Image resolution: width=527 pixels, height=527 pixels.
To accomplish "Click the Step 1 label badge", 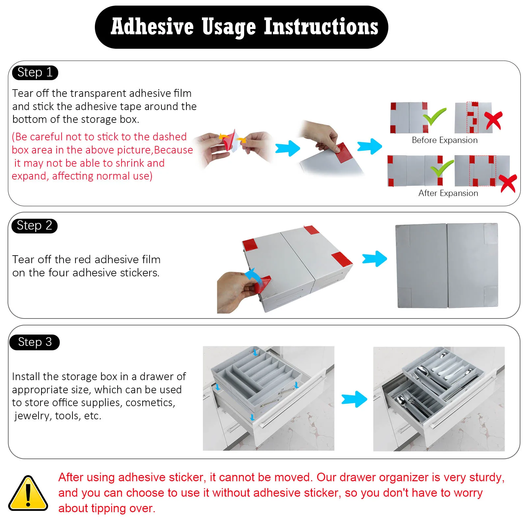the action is point(35,72).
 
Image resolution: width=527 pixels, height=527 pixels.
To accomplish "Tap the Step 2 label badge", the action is point(35,226).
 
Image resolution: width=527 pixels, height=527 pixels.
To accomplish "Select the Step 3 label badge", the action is point(35,342).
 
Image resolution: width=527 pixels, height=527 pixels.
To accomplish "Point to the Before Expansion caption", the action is point(445,140).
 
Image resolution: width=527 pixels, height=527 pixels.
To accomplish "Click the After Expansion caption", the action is point(448,193).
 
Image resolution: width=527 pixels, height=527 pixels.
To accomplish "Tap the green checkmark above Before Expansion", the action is point(435,117).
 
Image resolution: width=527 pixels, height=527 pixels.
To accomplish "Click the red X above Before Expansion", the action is point(493,121).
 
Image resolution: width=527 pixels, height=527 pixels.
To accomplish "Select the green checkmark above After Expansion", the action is point(442,169).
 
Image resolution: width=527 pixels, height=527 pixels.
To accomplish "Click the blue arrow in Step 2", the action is point(374,259).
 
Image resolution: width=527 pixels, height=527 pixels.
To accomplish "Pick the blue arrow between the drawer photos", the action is point(354,399).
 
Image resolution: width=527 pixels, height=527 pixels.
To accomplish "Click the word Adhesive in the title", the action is point(152,27).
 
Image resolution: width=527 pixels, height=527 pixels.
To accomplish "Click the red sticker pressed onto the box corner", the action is point(343,152).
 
